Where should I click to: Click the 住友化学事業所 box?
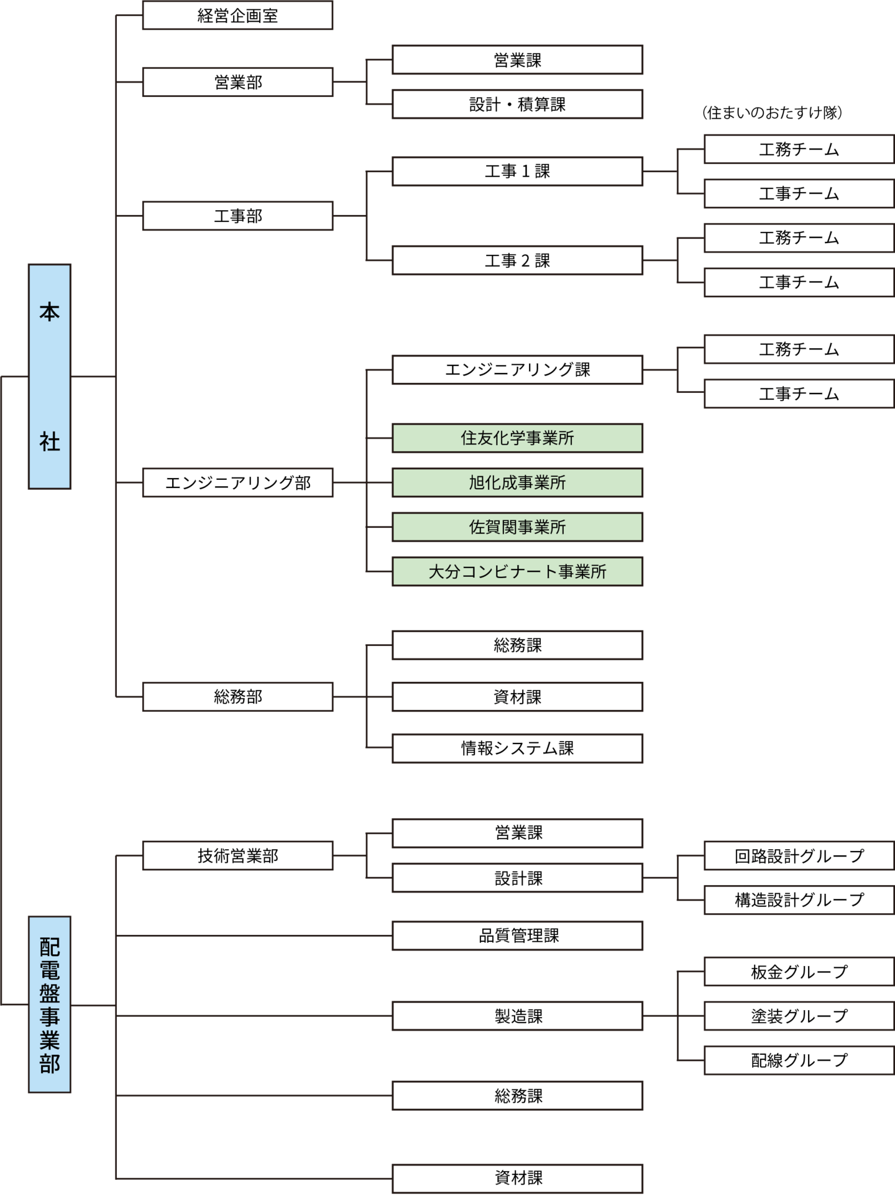point(517,438)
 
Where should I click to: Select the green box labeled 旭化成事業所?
point(517,482)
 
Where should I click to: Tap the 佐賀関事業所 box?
point(517,527)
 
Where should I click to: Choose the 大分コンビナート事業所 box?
point(517,571)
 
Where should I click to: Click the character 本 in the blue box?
point(50,311)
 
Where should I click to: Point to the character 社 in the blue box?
point(50,442)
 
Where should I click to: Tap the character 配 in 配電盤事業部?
point(50,947)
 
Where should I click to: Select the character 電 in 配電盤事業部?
point(50,970)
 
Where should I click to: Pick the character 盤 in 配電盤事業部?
point(50,993)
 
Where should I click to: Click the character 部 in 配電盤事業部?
point(50,1064)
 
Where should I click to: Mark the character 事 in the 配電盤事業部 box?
point(50,1017)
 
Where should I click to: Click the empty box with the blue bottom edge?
point(517,1095)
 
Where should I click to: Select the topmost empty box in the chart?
point(237,16)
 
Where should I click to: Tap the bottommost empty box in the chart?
point(517,1179)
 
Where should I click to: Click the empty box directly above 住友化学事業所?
point(517,370)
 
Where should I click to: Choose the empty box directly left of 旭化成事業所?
point(237,482)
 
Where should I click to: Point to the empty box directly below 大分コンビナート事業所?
point(517,645)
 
